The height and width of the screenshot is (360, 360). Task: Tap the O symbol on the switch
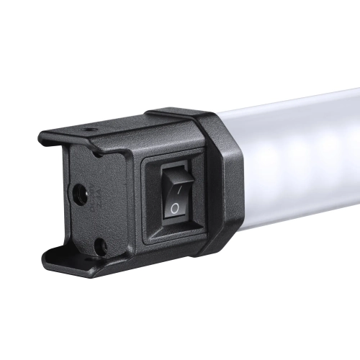click(174, 207)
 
